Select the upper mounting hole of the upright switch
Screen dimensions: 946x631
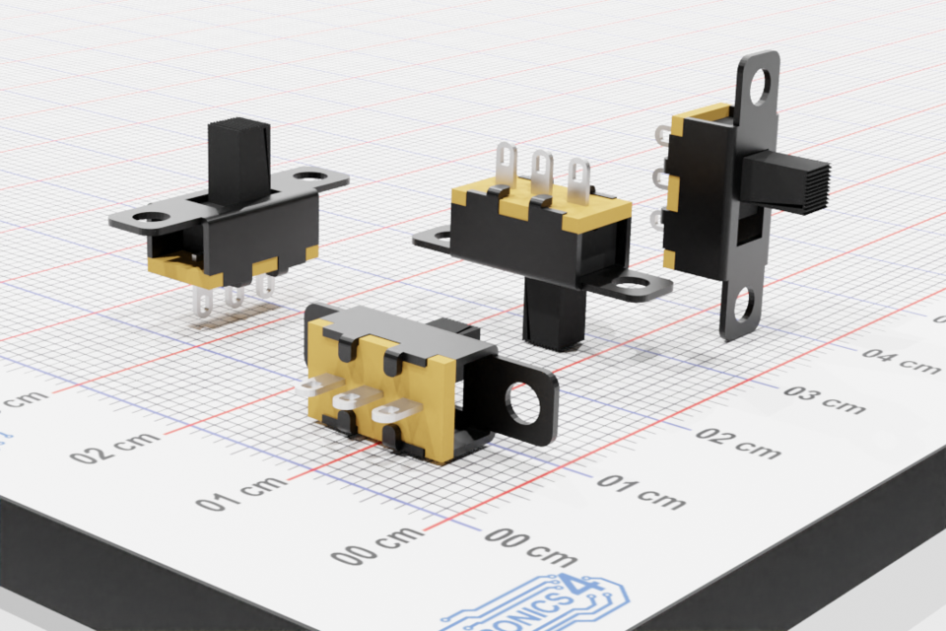tap(760, 87)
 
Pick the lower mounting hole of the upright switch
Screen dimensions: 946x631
tap(744, 305)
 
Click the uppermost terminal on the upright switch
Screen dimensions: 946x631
tap(661, 132)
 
